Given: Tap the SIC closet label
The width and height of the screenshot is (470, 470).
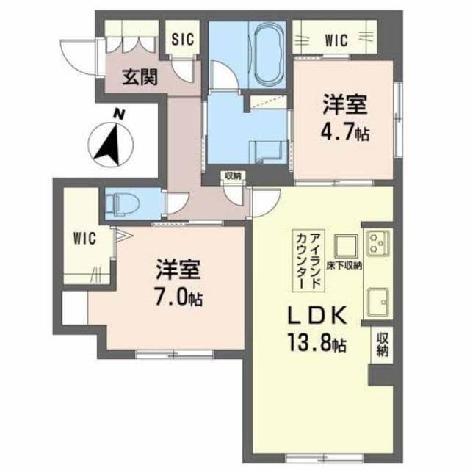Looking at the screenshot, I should coord(182,40).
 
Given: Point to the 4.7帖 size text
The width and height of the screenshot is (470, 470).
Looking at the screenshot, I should coord(344,134).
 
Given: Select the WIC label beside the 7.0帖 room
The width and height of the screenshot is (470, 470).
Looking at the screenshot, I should coord(83,238).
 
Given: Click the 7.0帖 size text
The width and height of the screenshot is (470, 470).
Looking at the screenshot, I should coord(179,297).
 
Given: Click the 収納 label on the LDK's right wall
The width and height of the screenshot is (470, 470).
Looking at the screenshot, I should coord(382,344).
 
